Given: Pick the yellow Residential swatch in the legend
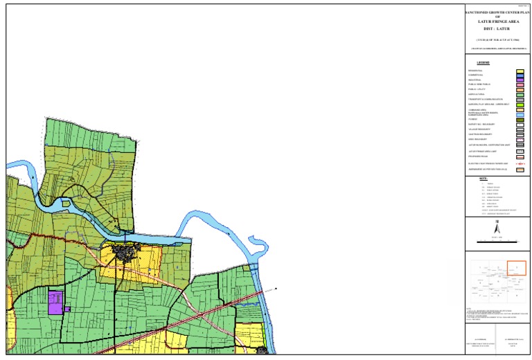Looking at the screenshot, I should pos(520,71).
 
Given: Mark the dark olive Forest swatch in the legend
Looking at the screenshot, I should pos(520,120).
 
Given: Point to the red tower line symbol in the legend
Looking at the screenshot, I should pos(520,163).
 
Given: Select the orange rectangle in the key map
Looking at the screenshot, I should pos(517,268).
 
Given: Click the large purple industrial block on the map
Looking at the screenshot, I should pos(55,303).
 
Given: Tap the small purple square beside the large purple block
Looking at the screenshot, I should pos(67,309).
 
